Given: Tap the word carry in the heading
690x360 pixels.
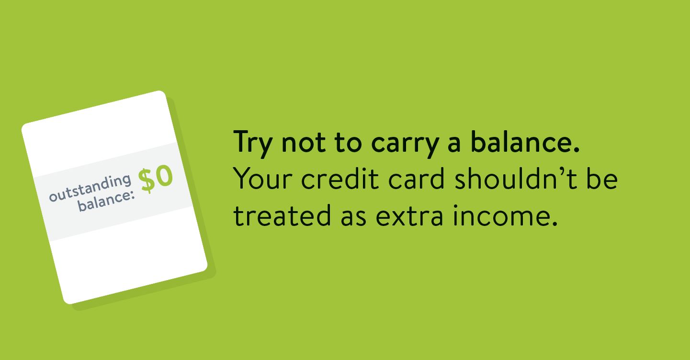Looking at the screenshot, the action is (x=405, y=145).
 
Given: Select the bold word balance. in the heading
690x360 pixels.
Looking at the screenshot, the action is (x=525, y=142).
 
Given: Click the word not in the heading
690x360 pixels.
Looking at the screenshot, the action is (x=304, y=143).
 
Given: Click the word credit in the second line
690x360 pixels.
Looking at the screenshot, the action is (x=340, y=178).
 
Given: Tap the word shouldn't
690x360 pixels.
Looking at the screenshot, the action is (x=516, y=178).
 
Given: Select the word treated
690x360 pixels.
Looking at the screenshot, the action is (x=282, y=215).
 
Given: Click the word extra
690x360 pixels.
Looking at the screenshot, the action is (x=409, y=216).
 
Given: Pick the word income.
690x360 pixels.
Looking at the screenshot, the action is (x=505, y=215).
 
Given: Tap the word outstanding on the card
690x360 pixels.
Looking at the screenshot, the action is (x=90, y=188).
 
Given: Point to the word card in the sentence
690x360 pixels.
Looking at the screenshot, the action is (x=416, y=178).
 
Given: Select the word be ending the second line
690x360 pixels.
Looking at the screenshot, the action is (x=602, y=178).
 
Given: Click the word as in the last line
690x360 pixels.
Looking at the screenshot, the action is (x=354, y=217).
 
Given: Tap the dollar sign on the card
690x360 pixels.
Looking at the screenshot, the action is (x=147, y=181).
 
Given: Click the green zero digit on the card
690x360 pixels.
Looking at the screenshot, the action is (x=164, y=176).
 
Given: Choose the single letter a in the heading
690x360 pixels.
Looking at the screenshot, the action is (x=454, y=144).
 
